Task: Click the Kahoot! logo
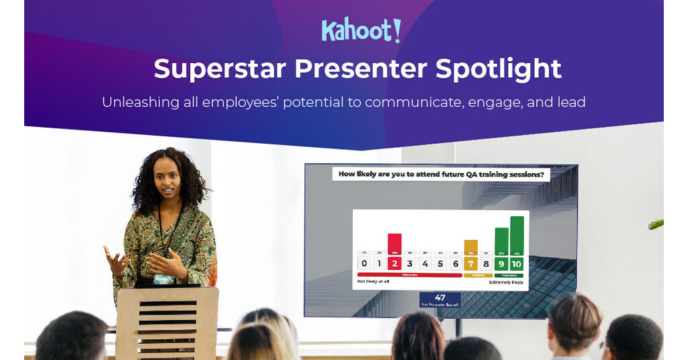pos(361,30)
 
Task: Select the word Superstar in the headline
pos(219,69)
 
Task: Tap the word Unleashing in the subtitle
pos(140,103)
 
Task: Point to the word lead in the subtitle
pos(570,103)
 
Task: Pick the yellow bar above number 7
pos(471,246)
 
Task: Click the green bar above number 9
pos(501,240)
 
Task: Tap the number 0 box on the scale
pos(363,264)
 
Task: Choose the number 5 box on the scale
pos(440,264)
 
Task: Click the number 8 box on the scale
pos(486,264)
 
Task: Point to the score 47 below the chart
pos(440,298)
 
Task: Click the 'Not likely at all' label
pos(374,282)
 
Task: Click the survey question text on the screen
pos(440,175)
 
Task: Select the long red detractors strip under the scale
pos(409,275)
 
